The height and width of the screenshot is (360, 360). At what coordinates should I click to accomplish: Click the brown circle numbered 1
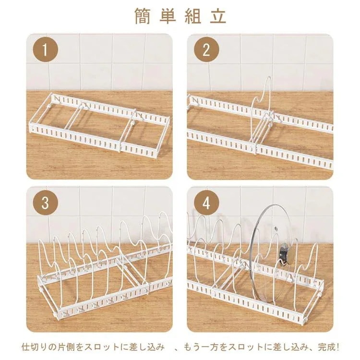46,49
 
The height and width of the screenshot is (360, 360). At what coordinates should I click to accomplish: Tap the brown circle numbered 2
206,49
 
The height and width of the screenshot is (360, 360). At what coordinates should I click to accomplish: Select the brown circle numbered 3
46,203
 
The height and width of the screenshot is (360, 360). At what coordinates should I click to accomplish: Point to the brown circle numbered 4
206,203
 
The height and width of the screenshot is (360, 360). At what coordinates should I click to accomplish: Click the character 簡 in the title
143,16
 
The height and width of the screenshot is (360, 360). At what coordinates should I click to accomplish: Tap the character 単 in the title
168,16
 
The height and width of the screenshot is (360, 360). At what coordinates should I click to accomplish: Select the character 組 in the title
193,16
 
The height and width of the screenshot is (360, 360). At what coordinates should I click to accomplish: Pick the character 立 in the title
218,16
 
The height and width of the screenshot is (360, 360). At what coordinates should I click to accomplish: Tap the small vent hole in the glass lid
276,228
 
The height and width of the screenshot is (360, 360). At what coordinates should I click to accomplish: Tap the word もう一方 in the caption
202,347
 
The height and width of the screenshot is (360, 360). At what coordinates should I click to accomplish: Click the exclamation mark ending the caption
337,347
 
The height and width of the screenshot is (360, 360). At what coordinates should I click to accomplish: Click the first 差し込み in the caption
147,347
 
